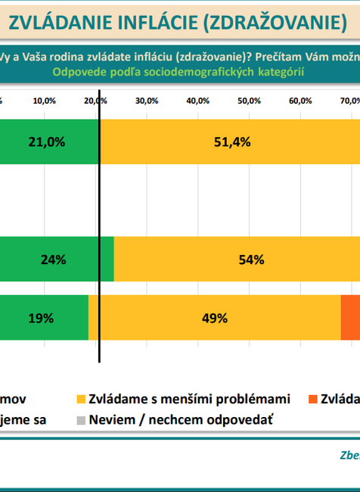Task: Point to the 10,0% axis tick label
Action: [45, 101]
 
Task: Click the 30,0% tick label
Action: [147, 101]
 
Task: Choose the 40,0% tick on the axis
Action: [197, 101]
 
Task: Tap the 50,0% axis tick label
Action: [249, 101]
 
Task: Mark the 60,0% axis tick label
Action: [300, 101]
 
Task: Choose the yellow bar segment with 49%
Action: [214, 318]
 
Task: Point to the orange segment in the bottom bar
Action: [350, 318]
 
